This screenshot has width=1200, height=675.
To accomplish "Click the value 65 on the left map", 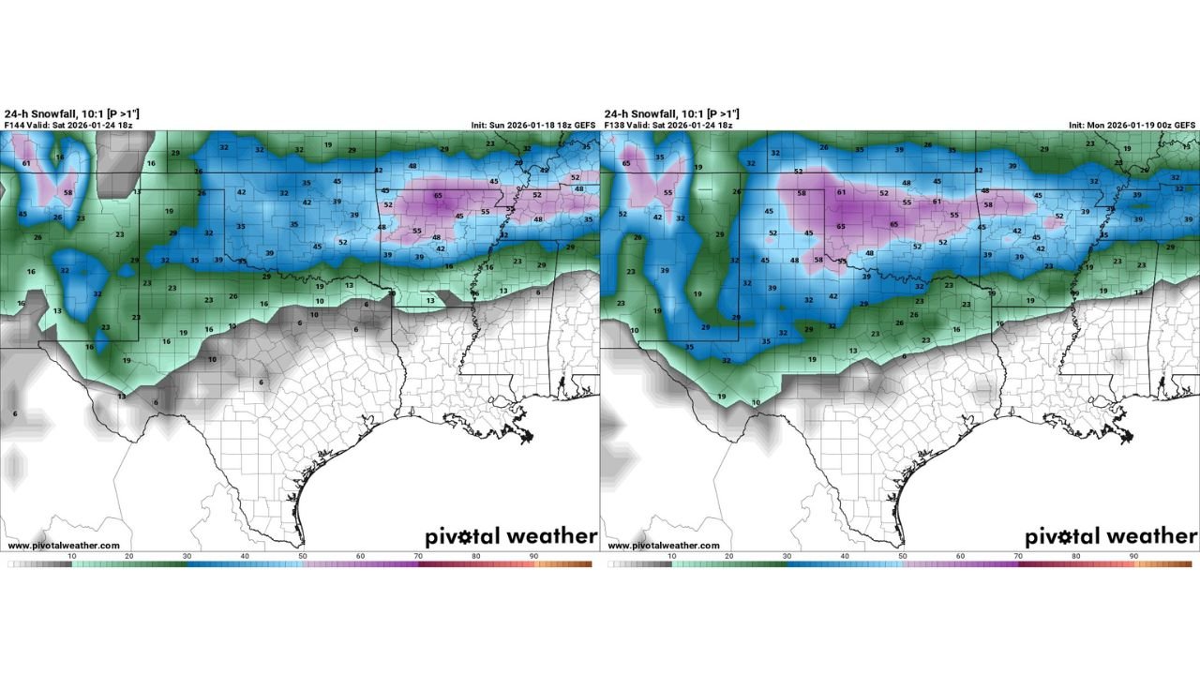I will (x=438, y=195).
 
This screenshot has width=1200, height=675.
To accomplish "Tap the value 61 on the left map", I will (x=26, y=163).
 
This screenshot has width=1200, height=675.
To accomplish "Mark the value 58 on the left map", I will (x=67, y=193).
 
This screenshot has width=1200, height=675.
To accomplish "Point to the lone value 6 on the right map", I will (x=904, y=356).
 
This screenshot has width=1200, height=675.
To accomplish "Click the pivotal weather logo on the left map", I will (x=511, y=536).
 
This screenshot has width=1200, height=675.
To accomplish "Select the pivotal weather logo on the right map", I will (x=1110, y=536).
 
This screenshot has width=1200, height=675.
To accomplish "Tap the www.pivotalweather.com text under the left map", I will (x=63, y=546).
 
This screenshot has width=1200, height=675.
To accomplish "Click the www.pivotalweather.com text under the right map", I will (x=663, y=546).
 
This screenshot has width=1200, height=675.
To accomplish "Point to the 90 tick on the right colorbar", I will (x=1134, y=557).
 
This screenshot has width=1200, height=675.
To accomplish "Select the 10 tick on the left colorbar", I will (x=72, y=557).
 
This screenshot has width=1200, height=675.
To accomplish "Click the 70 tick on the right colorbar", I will (x=1019, y=557).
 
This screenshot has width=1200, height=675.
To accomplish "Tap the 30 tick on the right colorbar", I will (x=787, y=557).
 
